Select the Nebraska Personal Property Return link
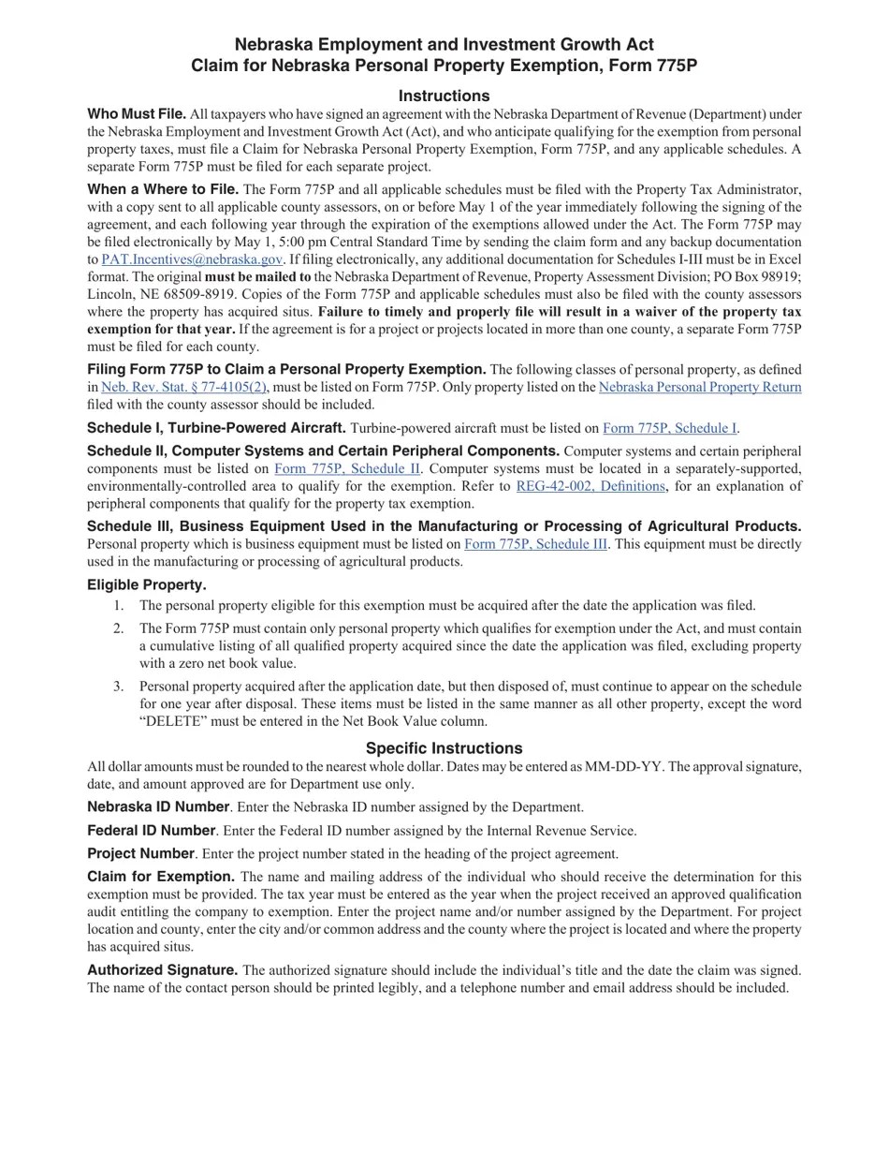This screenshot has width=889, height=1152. point(699,387)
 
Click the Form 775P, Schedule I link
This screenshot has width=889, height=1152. point(669,428)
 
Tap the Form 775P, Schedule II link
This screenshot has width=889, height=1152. point(346,468)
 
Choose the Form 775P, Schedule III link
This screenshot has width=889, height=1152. point(535,544)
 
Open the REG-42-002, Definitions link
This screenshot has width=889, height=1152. point(590,486)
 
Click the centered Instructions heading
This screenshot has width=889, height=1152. point(444,96)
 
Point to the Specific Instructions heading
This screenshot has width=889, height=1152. point(444,748)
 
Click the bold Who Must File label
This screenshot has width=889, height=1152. point(137,114)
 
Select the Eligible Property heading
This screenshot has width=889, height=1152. point(147,585)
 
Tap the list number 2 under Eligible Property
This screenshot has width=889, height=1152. point(118,628)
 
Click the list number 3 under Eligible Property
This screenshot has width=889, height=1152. point(118,687)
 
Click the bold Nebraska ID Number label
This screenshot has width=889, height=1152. point(158,807)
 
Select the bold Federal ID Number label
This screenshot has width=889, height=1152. point(152,831)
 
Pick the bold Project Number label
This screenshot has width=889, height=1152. point(140,854)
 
